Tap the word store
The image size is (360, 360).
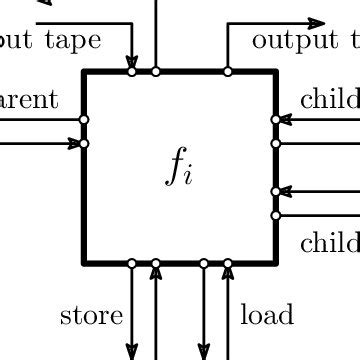click(x=92, y=316)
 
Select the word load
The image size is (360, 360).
click(x=267, y=316)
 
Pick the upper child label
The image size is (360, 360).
click(x=330, y=99)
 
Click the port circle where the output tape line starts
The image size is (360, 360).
click(x=228, y=71)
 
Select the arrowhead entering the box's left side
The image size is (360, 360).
click(x=74, y=143)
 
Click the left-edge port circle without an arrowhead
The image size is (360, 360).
click(x=84, y=120)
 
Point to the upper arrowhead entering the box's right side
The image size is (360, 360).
click(x=285, y=120)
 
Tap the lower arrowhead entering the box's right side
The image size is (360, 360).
click(x=285, y=191)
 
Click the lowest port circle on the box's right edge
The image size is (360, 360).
click(x=276, y=214)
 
